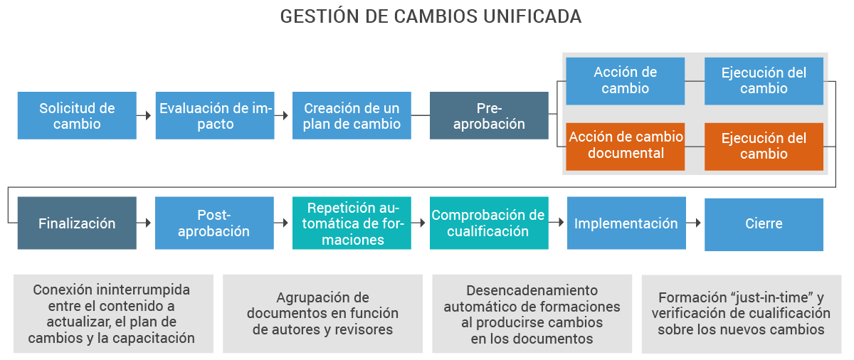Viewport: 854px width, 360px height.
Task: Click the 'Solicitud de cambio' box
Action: pos(77,115)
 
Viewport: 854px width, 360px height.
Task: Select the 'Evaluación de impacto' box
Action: pos(215,115)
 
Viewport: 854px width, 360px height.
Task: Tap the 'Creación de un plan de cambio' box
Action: pos(352,115)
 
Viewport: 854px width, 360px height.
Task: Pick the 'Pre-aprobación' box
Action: pos(489,115)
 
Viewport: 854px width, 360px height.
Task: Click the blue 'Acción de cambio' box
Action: pos(625,80)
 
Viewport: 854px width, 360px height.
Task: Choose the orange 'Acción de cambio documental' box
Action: pos(625,146)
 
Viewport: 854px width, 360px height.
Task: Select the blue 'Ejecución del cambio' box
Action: pos(764,80)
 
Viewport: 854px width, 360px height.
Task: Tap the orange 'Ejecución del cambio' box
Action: pos(764,146)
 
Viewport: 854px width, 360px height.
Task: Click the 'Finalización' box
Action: pos(77,223)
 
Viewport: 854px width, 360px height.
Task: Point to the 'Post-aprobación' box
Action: pos(214,223)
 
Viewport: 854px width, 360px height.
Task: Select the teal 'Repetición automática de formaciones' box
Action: pos(352,223)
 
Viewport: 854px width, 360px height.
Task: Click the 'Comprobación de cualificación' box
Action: pos(489,223)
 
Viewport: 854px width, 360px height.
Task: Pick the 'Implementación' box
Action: pos(626,223)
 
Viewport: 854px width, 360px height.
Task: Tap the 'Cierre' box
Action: pos(764,223)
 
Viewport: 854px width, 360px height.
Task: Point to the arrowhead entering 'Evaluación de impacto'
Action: pos(148,115)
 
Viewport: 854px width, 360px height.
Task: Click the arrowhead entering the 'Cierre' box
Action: pos(697,223)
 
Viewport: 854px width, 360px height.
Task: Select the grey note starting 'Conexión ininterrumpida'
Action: pos(113,314)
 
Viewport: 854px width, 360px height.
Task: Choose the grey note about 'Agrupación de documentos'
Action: pos(322,314)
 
